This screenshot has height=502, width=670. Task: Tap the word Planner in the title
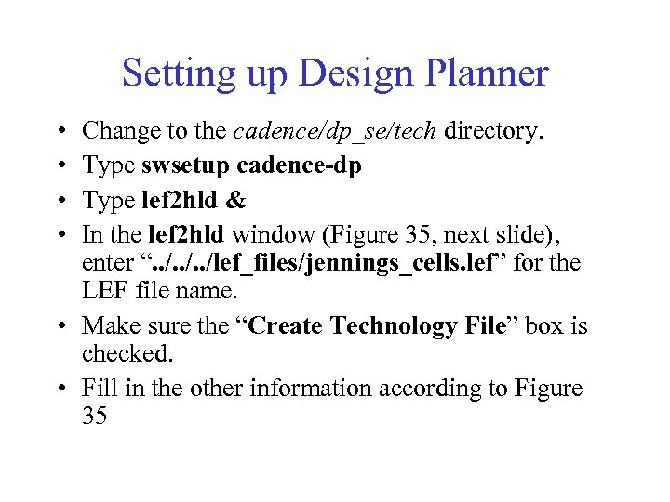click(x=487, y=73)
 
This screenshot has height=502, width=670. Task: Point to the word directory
click(x=493, y=132)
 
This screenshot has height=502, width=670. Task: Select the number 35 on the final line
click(x=95, y=417)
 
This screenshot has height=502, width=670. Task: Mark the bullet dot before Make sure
click(x=59, y=327)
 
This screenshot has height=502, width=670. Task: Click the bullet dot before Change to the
click(x=59, y=133)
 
